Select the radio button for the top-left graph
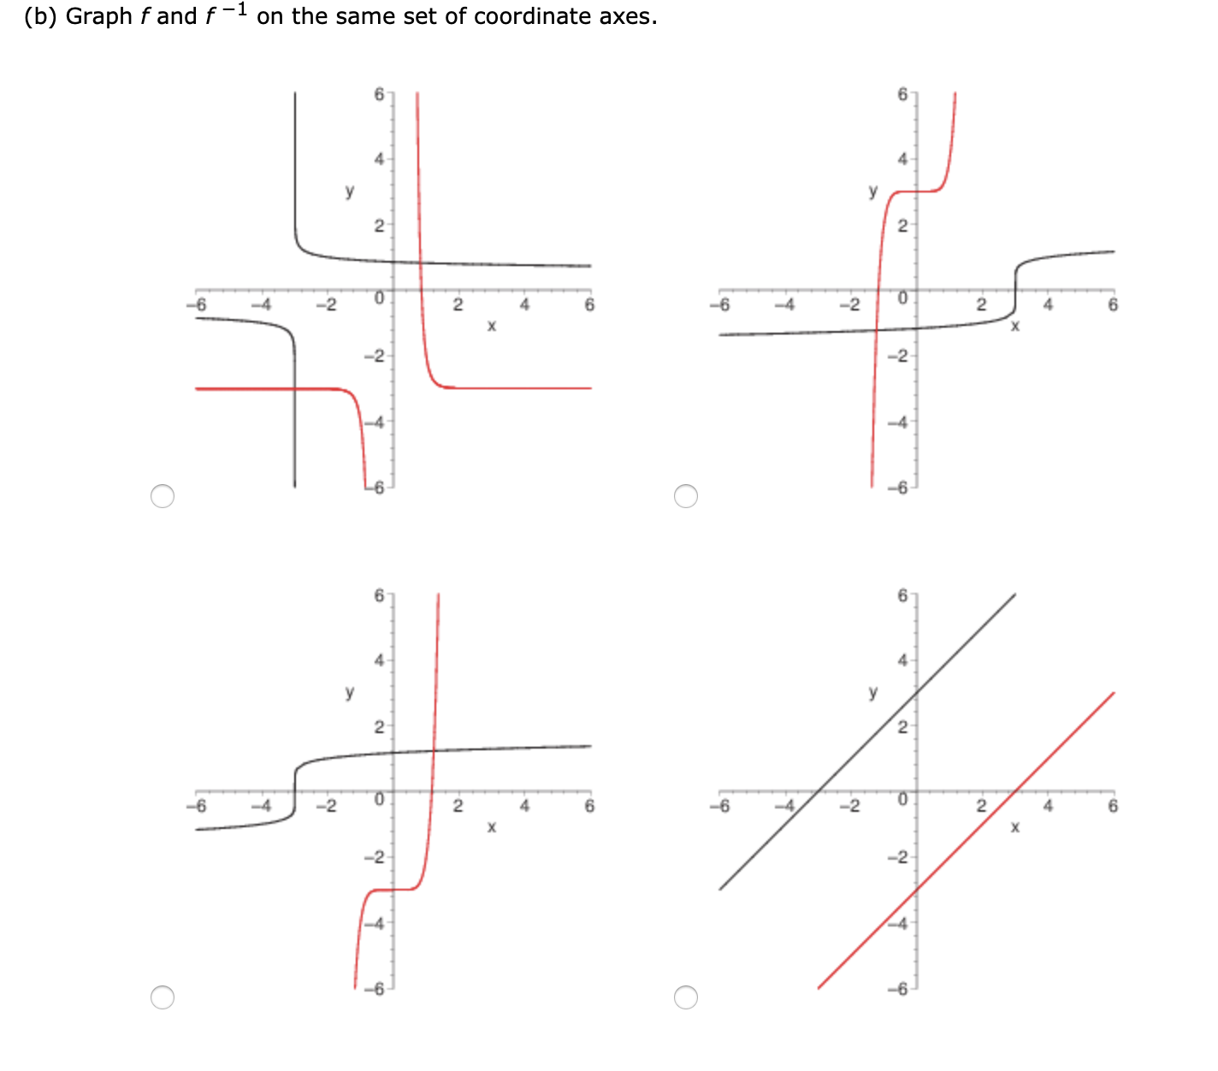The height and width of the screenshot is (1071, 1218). (163, 496)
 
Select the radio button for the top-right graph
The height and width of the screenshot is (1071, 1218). (686, 496)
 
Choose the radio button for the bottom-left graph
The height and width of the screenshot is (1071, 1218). (163, 997)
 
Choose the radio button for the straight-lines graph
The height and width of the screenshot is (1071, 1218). (686, 997)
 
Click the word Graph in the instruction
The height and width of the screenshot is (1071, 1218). (98, 17)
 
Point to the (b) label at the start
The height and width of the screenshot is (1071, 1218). (40, 17)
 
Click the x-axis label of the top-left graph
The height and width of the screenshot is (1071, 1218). (491, 326)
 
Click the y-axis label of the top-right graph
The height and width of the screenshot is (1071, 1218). (872, 191)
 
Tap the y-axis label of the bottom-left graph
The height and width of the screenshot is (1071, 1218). (349, 692)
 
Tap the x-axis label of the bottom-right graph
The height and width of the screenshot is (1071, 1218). (1014, 827)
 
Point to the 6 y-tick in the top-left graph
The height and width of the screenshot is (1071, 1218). (379, 94)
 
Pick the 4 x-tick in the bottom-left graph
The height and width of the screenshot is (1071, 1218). (524, 806)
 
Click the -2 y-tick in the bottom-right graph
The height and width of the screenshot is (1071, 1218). (899, 857)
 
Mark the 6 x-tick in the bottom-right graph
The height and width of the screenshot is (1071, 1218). (1112, 806)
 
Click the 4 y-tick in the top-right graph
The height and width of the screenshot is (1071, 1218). (902, 159)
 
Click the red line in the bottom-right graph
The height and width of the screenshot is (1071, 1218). (967, 840)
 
